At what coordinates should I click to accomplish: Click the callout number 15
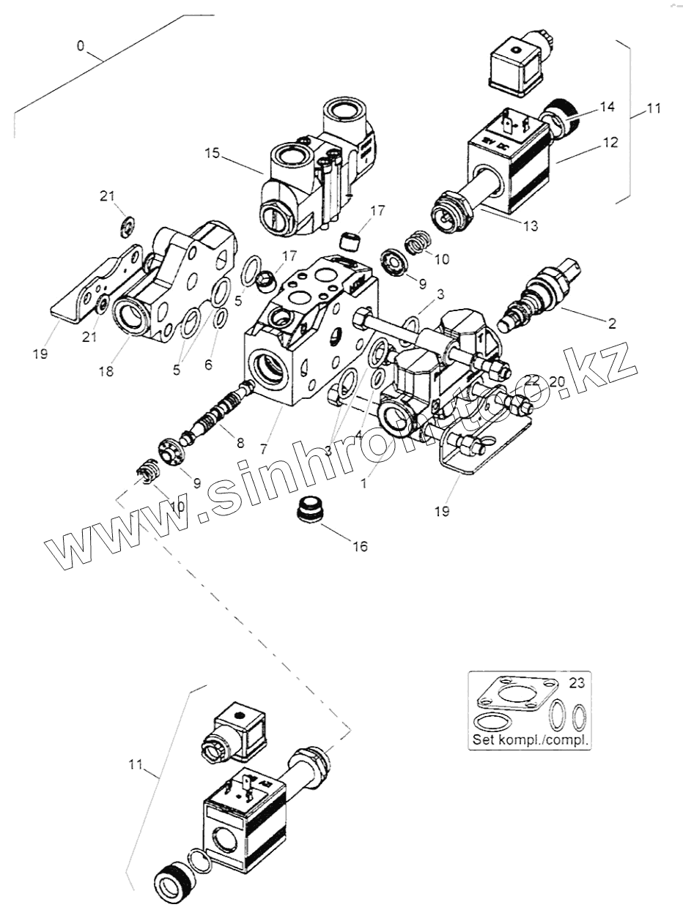(x=212, y=154)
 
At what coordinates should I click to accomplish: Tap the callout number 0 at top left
(x=81, y=46)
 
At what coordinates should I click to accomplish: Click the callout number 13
(x=529, y=227)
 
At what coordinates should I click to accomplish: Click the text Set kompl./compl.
(x=531, y=739)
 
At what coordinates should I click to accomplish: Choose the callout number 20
(x=557, y=381)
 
